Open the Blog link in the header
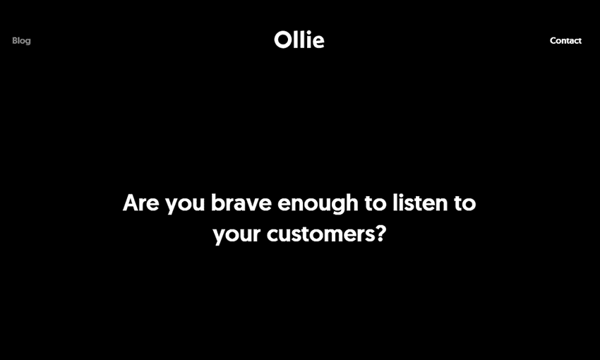pyautogui.click(x=21, y=41)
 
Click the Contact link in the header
pyautogui.click(x=565, y=40)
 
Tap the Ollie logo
pyautogui.click(x=299, y=40)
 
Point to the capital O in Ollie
pyautogui.click(x=283, y=40)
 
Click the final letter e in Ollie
pyautogui.click(x=318, y=42)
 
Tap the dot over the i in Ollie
pyautogui.click(x=308, y=32)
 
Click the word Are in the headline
pyautogui.click(x=140, y=203)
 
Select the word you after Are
pyautogui.click(x=185, y=205)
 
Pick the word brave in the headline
pyautogui.click(x=241, y=203)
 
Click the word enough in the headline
pyautogui.click(x=318, y=204)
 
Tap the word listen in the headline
pyautogui.click(x=420, y=203)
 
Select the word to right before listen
pyautogui.click(x=376, y=203)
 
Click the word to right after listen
pyautogui.click(x=465, y=203)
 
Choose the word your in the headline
pyautogui.click(x=236, y=236)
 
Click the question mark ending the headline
pyautogui.click(x=381, y=234)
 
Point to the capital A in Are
pyautogui.click(x=131, y=203)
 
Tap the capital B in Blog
pyautogui.click(x=15, y=40)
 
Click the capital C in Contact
pyautogui.click(x=553, y=40)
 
